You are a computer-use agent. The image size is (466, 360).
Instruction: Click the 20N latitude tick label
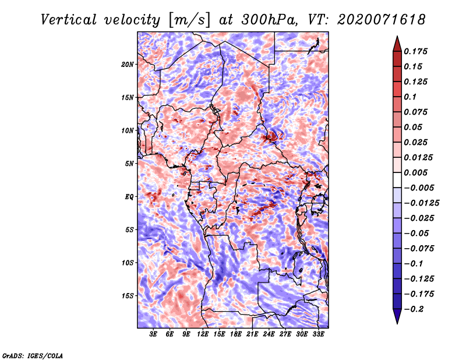pyautogui.click(x=128, y=65)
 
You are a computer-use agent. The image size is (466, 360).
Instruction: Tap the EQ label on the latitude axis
pyautogui.click(x=129, y=197)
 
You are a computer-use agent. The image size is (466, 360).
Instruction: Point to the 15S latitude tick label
pyautogui.click(x=128, y=296)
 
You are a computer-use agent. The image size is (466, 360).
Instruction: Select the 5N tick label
pyautogui.click(x=129, y=164)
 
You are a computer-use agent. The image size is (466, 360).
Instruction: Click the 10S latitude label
pyautogui.click(x=128, y=263)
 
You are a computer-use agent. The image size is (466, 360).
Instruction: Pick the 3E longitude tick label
pyautogui.click(x=153, y=334)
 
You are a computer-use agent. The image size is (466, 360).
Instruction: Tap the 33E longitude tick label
pyautogui.click(x=318, y=334)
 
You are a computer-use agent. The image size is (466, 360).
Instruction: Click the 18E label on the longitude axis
pyautogui.click(x=236, y=334)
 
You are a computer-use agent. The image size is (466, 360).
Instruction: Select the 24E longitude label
pyautogui.click(x=269, y=334)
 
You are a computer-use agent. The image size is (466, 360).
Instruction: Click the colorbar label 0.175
pyautogui.click(x=415, y=51)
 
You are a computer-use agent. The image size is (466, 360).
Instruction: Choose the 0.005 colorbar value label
pyautogui.click(x=415, y=172)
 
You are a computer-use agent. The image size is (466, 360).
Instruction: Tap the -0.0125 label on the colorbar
pyautogui.click(x=421, y=203)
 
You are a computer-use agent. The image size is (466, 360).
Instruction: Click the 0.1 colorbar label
pyautogui.click(x=410, y=97)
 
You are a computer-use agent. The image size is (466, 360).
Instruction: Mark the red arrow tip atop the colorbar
pyautogui.click(x=397, y=36)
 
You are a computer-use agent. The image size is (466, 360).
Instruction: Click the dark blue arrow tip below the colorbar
pyautogui.click(x=397, y=324)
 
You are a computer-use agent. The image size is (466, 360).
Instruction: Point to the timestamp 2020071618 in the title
pyautogui.click(x=382, y=20)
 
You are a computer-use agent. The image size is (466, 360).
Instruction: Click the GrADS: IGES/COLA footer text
pyautogui.click(x=33, y=355)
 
